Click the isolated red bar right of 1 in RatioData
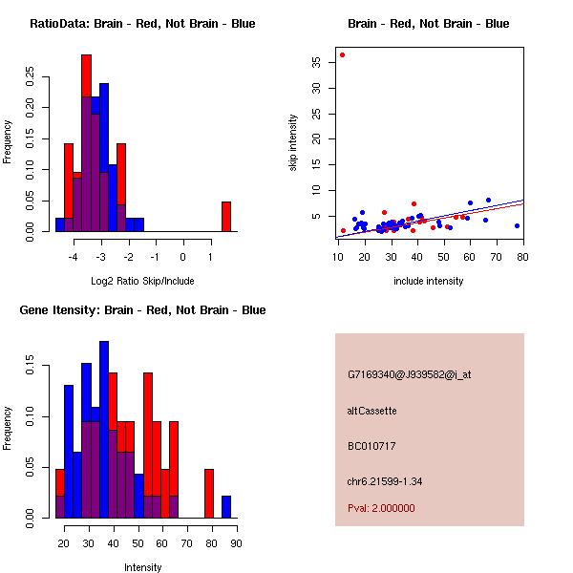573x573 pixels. [226, 217]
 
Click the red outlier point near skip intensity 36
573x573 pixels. [342, 54]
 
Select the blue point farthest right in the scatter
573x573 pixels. [517, 226]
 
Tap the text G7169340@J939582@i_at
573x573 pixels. [409, 374]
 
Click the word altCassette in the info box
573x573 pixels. [372, 411]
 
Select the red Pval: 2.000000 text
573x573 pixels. [381, 508]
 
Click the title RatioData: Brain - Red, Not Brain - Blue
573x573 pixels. [142, 24]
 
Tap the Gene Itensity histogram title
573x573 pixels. [142, 310]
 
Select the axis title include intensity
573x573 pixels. [429, 281]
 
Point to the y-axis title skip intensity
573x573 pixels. [293, 143]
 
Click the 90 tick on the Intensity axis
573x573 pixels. [235, 543]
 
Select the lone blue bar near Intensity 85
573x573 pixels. [226, 507]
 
